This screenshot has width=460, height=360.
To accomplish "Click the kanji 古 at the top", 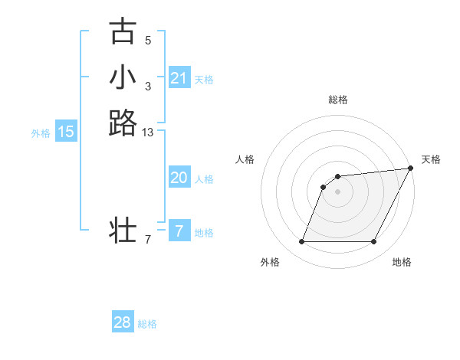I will (123, 31).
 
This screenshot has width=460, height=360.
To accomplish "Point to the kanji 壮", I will (123, 229).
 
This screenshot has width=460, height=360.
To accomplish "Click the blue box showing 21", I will (179, 78).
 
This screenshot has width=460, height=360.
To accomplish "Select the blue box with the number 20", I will (179, 178).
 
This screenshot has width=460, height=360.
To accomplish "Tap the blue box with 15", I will (66, 132).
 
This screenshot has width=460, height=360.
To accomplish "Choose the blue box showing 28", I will (123, 322).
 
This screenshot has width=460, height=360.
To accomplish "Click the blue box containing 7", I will (179, 231).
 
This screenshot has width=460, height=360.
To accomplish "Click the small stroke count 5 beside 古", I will (148, 40).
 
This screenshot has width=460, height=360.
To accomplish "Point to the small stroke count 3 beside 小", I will (148, 86).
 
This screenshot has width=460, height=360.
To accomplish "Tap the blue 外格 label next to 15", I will (41, 133).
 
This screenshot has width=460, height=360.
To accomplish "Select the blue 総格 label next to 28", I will (147, 324).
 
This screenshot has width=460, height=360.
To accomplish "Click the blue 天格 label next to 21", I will (204, 79).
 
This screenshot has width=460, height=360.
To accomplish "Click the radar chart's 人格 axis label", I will (245, 159).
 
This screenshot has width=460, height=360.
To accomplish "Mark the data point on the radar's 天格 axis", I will (411, 169).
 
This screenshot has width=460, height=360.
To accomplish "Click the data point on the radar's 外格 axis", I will (301, 242).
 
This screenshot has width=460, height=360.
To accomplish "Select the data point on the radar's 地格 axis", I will (374, 242).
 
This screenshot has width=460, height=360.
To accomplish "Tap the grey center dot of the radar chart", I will (337, 191).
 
